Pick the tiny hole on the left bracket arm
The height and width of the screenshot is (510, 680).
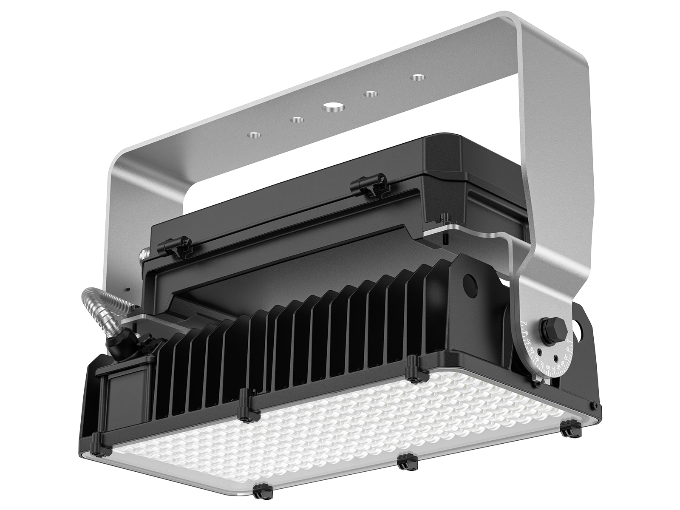127,289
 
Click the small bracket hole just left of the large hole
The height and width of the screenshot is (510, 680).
297,121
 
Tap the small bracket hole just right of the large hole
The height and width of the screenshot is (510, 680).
371,93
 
